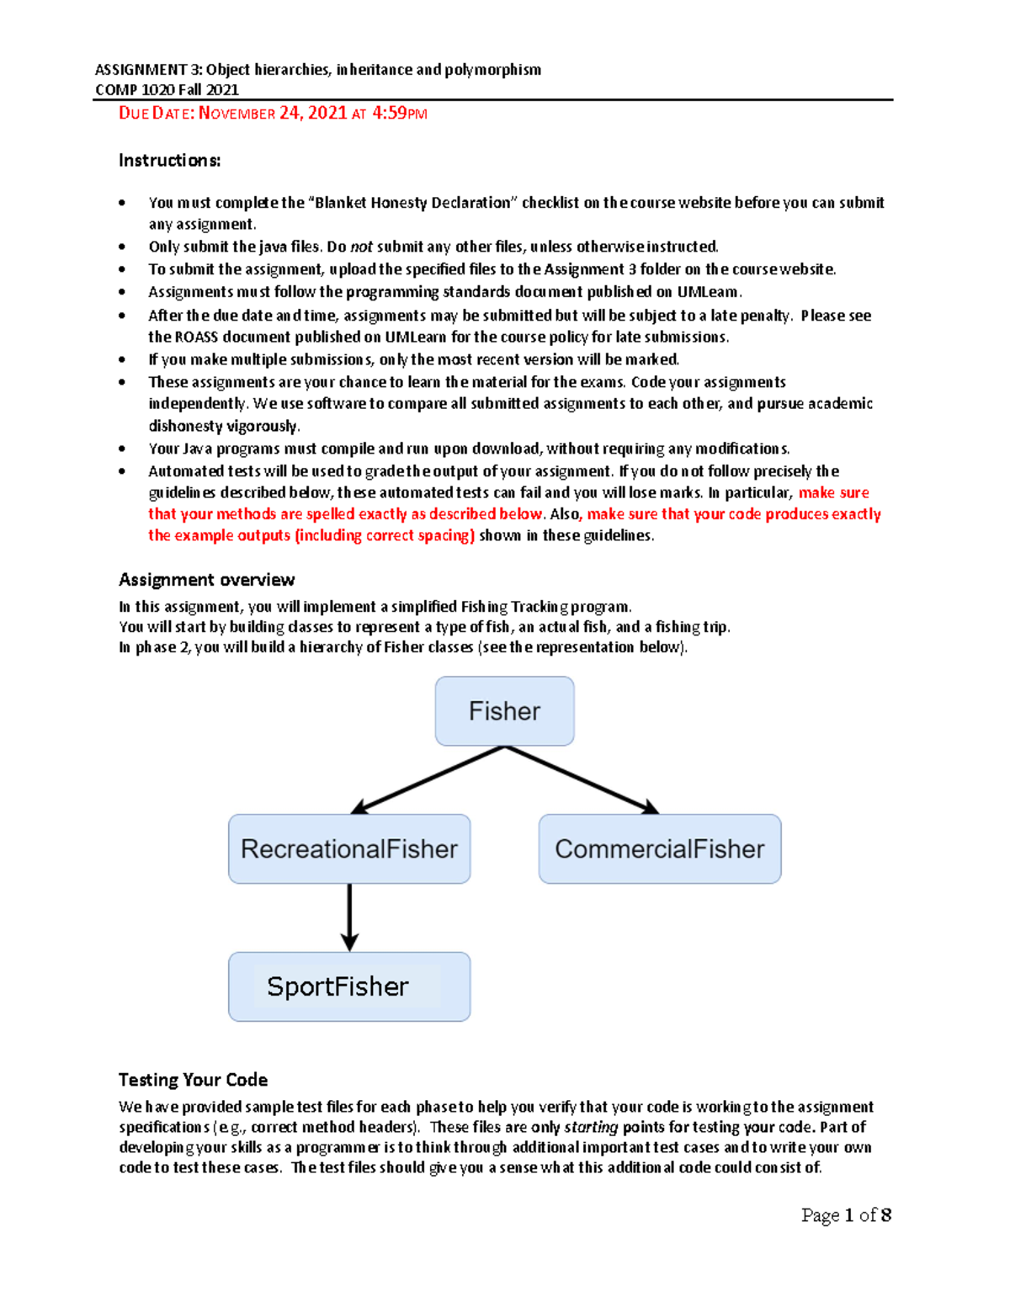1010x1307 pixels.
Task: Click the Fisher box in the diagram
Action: [x=504, y=711]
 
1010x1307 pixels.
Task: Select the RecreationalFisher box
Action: [x=349, y=848]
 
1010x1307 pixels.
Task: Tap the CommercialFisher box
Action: [x=660, y=848]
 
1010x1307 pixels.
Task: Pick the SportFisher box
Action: [x=349, y=986]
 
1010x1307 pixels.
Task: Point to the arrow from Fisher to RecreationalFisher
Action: [x=428, y=780]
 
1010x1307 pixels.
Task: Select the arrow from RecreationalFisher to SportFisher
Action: [x=349, y=917]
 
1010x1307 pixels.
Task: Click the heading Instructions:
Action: [x=169, y=160]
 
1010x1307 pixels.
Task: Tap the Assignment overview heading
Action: [x=206, y=579]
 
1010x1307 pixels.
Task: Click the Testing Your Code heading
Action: [x=193, y=1079]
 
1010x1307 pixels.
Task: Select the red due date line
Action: [x=273, y=113]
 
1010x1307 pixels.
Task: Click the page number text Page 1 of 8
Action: [x=846, y=1214]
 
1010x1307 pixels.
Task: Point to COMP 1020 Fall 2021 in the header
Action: [x=167, y=90]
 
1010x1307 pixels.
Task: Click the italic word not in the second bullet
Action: [x=361, y=247]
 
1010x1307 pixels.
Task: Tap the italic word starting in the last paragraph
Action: [x=591, y=1127]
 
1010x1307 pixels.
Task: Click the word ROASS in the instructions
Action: [x=195, y=337]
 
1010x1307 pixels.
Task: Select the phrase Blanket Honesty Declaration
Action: [x=412, y=202]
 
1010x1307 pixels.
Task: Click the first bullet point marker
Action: [x=123, y=203]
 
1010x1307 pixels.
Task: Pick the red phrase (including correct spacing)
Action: [x=384, y=535]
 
